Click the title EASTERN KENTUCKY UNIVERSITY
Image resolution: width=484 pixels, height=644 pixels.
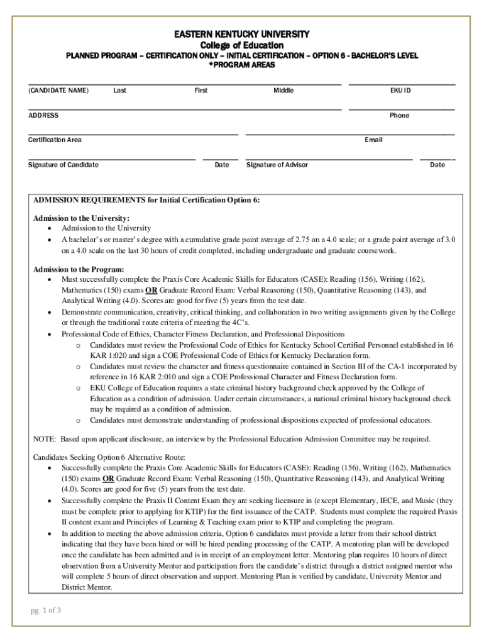point(242,33)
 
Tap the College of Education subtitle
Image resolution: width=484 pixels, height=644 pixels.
point(242,45)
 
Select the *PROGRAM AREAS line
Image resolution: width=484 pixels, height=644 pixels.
point(242,65)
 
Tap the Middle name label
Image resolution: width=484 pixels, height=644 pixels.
point(283,91)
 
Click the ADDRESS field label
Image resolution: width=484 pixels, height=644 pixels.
point(43,116)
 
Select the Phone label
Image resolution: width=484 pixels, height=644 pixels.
point(399,116)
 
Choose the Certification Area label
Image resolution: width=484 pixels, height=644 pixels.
point(55,140)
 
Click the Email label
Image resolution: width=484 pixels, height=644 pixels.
point(373,140)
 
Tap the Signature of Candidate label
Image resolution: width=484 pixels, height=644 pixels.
point(63,165)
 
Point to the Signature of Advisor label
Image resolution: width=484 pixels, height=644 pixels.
point(277,165)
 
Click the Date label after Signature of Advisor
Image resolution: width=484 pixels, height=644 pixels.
point(437,165)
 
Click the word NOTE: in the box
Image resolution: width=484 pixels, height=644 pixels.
point(45,439)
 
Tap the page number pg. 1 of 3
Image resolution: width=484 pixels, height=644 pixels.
point(46,611)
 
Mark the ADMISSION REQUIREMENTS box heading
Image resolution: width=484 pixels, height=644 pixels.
point(146,200)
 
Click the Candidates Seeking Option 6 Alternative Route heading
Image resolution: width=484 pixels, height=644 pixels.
point(109,457)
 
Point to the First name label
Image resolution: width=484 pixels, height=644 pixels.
point(201,91)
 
